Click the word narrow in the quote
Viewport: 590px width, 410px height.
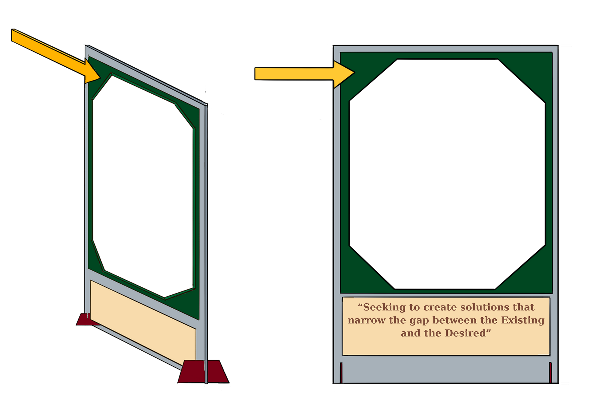tap(366, 321)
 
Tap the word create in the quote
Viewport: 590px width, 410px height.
tap(440, 307)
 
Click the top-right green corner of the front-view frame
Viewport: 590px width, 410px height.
tap(536, 68)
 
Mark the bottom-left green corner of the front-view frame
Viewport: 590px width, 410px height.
tap(356, 278)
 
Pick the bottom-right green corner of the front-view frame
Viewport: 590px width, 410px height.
tap(536, 278)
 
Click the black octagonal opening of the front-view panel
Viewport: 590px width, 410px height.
tap(447, 174)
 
